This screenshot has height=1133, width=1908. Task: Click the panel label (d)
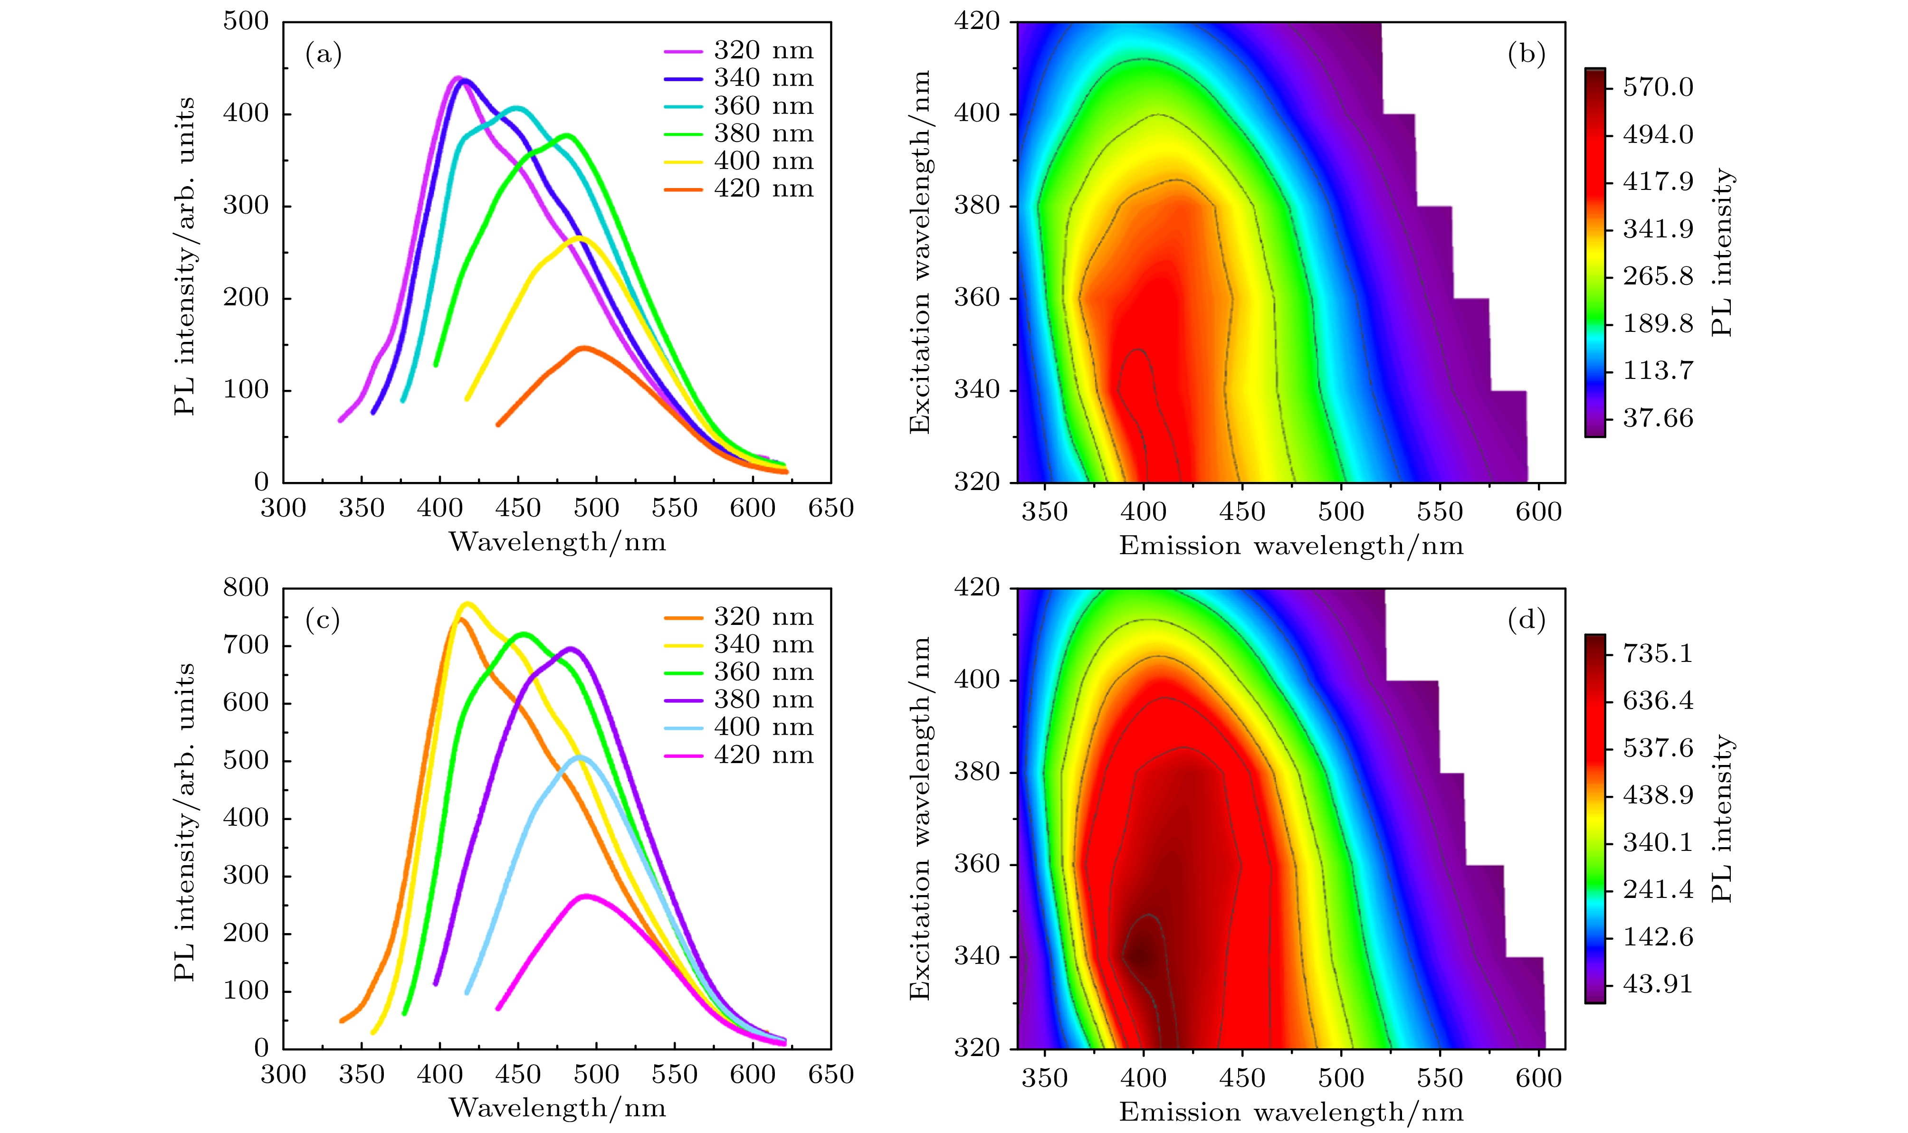1526,621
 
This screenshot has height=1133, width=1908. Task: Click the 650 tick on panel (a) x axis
830,509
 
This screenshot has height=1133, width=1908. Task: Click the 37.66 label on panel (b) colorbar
1658,417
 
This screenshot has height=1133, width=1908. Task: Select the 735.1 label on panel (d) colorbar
1658,653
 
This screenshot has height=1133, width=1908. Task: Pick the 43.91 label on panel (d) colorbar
1658,984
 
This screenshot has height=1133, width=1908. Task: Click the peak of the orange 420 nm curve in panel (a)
584,348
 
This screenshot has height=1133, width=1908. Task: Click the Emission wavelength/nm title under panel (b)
1291,546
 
